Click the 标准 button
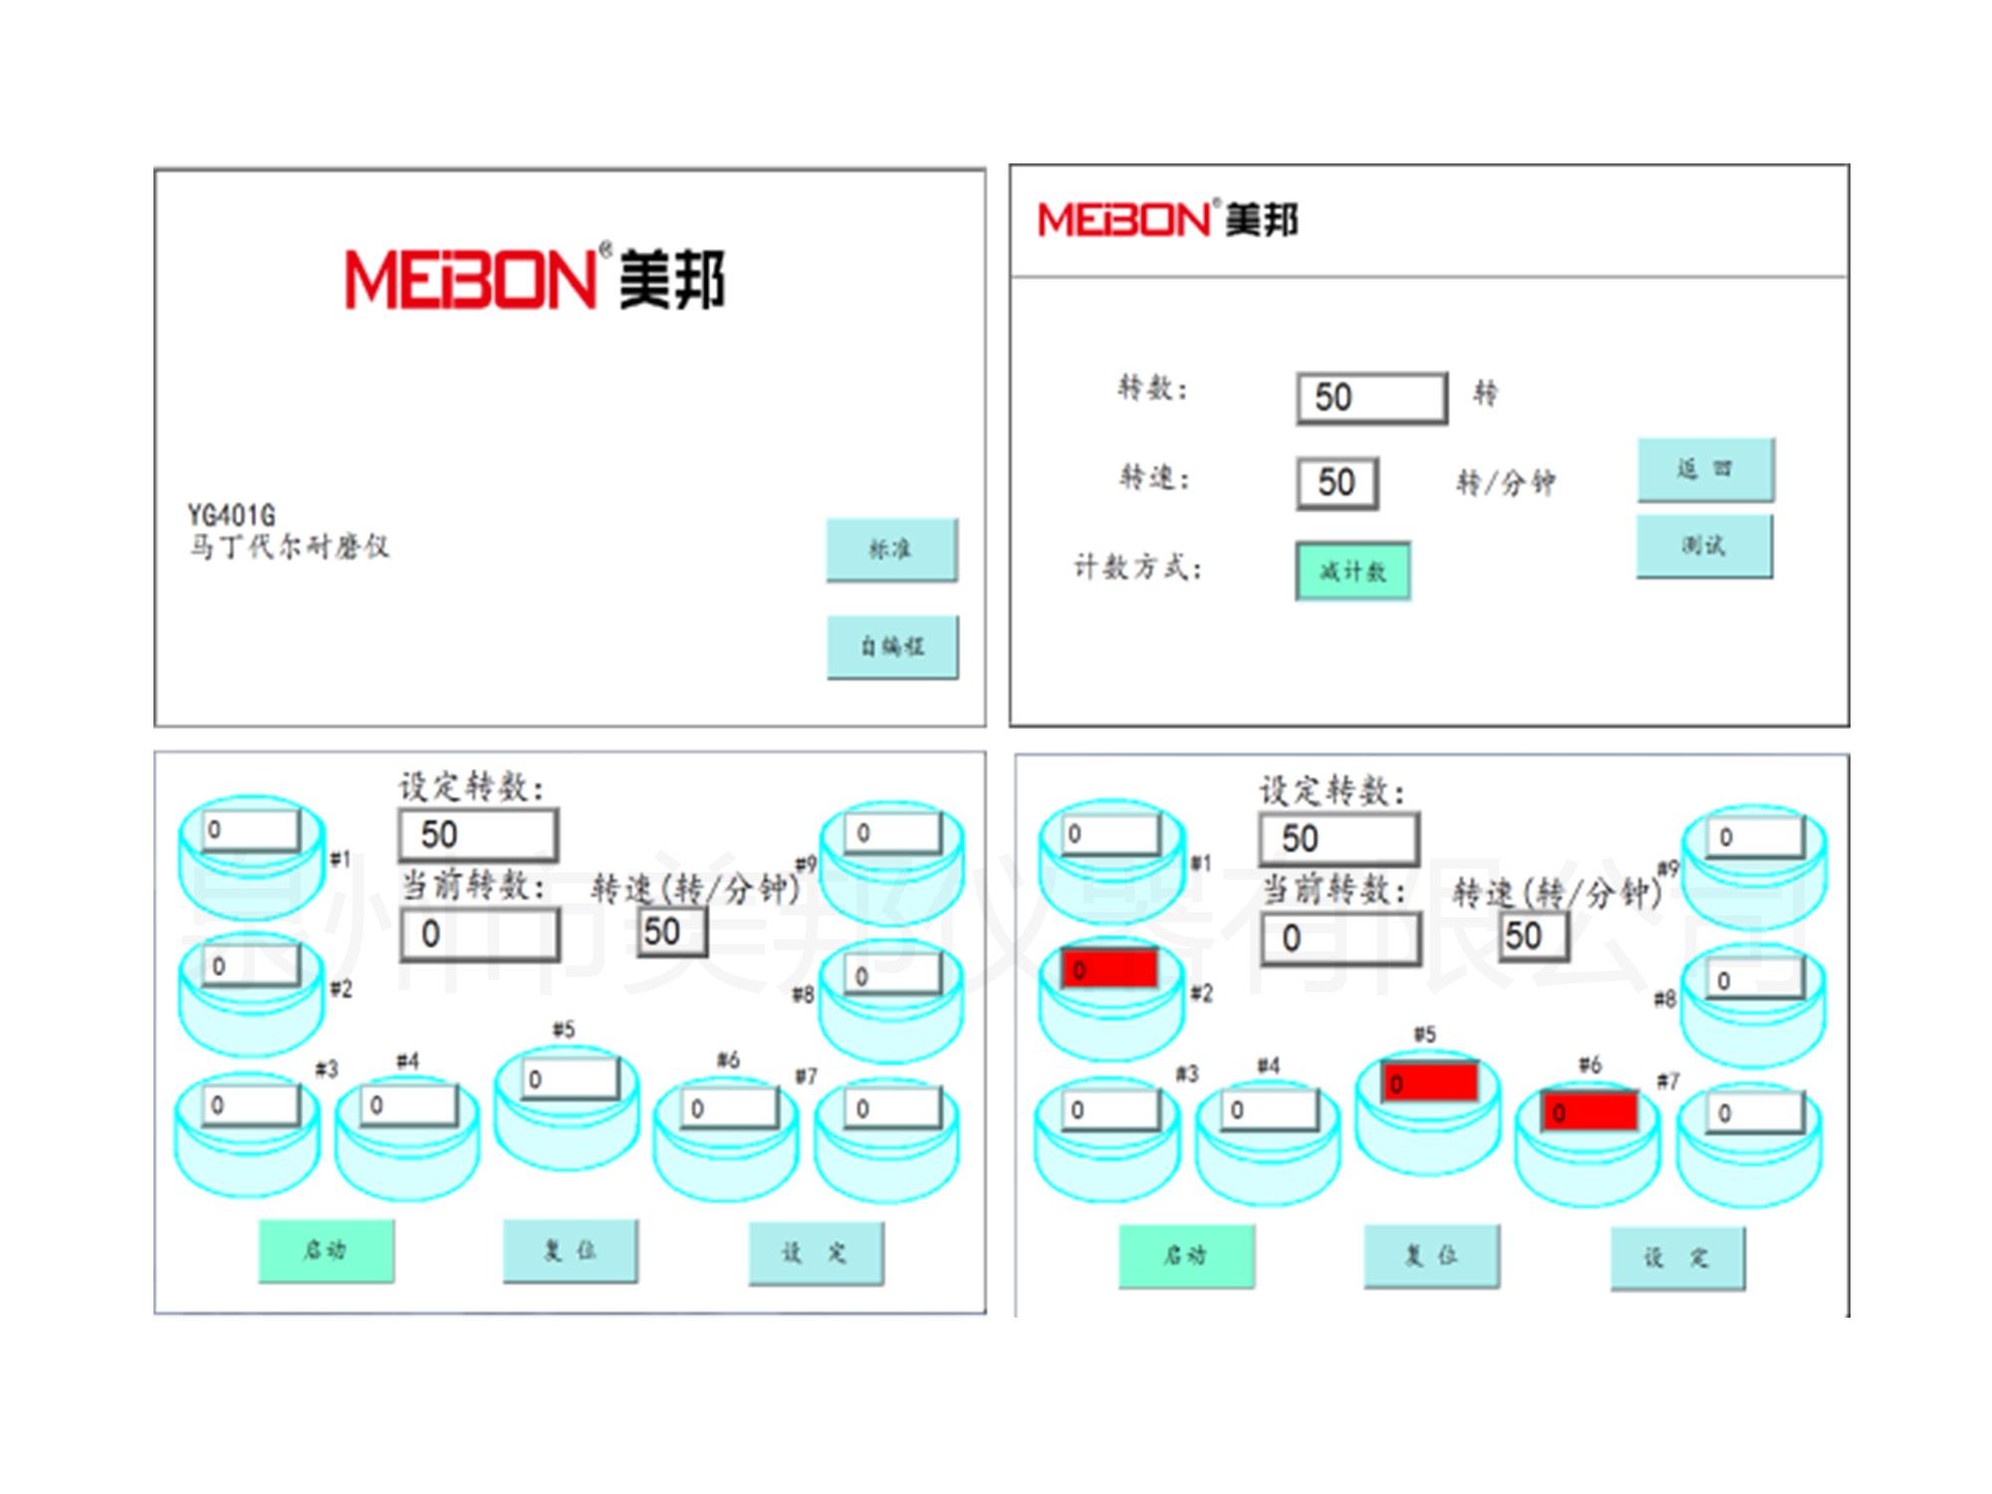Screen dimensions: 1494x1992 (891, 549)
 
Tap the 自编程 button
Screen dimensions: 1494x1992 (892, 646)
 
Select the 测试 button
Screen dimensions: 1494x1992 (1704, 545)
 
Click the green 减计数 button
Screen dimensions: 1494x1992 (1353, 571)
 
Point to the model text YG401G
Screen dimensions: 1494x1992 (231, 515)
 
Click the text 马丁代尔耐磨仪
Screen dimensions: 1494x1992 (289, 547)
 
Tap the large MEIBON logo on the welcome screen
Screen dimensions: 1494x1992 (535, 279)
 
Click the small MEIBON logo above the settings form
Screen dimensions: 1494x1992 (1167, 220)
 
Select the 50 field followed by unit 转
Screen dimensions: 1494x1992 (1371, 397)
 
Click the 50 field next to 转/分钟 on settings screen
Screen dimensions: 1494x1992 (1337, 483)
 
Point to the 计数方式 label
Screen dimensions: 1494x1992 (1137, 568)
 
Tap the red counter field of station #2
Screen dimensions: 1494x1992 (1110, 968)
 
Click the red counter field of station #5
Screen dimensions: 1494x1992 (1429, 1082)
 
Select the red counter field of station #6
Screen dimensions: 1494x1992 (1590, 1111)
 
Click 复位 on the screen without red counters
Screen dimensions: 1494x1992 (570, 1251)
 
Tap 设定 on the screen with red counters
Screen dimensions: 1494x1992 (1677, 1258)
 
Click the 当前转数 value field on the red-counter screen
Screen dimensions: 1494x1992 (1340, 938)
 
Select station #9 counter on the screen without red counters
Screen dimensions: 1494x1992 (892, 833)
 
